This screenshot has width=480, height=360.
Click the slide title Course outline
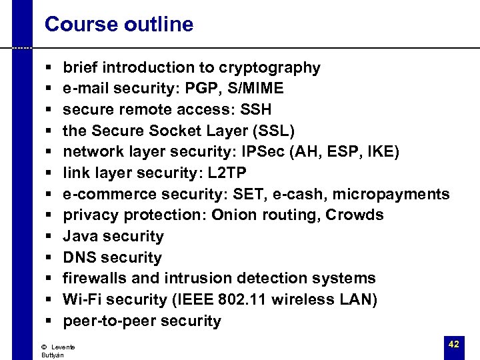point(119,25)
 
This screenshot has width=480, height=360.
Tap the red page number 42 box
point(454,345)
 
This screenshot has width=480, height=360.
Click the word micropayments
point(391,194)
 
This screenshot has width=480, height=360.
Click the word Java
point(79,236)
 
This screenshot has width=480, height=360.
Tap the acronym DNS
point(79,257)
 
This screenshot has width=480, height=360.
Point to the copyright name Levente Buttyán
point(57,351)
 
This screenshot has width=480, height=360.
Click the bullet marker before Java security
point(51,237)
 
